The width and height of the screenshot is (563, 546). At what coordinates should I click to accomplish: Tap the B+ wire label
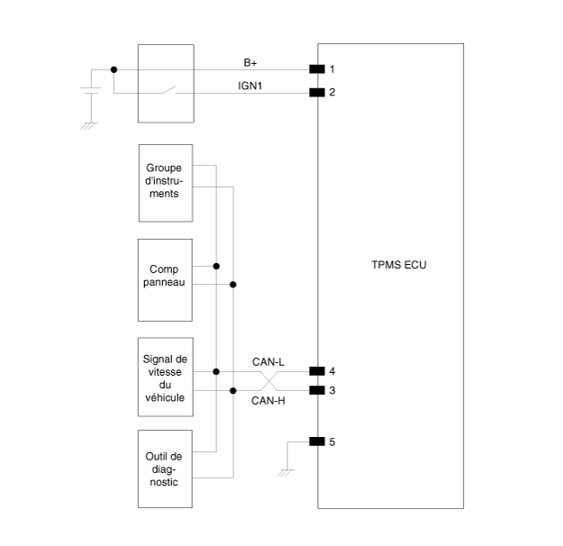[251, 62]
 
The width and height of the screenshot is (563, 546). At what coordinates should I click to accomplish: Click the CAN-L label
[268, 362]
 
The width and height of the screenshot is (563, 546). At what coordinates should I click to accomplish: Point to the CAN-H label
[268, 400]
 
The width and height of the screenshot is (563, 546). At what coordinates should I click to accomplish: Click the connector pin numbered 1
[316, 69]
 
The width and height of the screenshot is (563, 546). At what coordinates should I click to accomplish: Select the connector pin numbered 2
[316, 92]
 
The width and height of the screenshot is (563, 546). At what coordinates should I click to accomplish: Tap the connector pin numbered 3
[316, 390]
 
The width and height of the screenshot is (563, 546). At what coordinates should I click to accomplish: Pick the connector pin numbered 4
[316, 370]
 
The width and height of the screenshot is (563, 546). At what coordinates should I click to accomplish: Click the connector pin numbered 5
[316, 441]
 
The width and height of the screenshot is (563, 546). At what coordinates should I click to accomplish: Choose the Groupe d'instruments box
[165, 182]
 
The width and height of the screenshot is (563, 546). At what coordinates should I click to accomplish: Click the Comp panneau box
[165, 279]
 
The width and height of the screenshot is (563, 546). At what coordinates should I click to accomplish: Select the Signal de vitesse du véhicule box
[165, 378]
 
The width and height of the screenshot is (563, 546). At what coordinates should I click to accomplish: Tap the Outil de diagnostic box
[165, 469]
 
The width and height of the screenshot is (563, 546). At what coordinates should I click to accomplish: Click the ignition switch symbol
[164, 90]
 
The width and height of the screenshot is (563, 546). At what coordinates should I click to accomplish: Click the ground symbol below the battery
[88, 124]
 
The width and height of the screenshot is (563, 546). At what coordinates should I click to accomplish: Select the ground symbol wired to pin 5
[286, 470]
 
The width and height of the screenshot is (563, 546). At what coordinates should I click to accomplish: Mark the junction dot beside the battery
[114, 69]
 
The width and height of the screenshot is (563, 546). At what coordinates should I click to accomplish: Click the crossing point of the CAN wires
[269, 380]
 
